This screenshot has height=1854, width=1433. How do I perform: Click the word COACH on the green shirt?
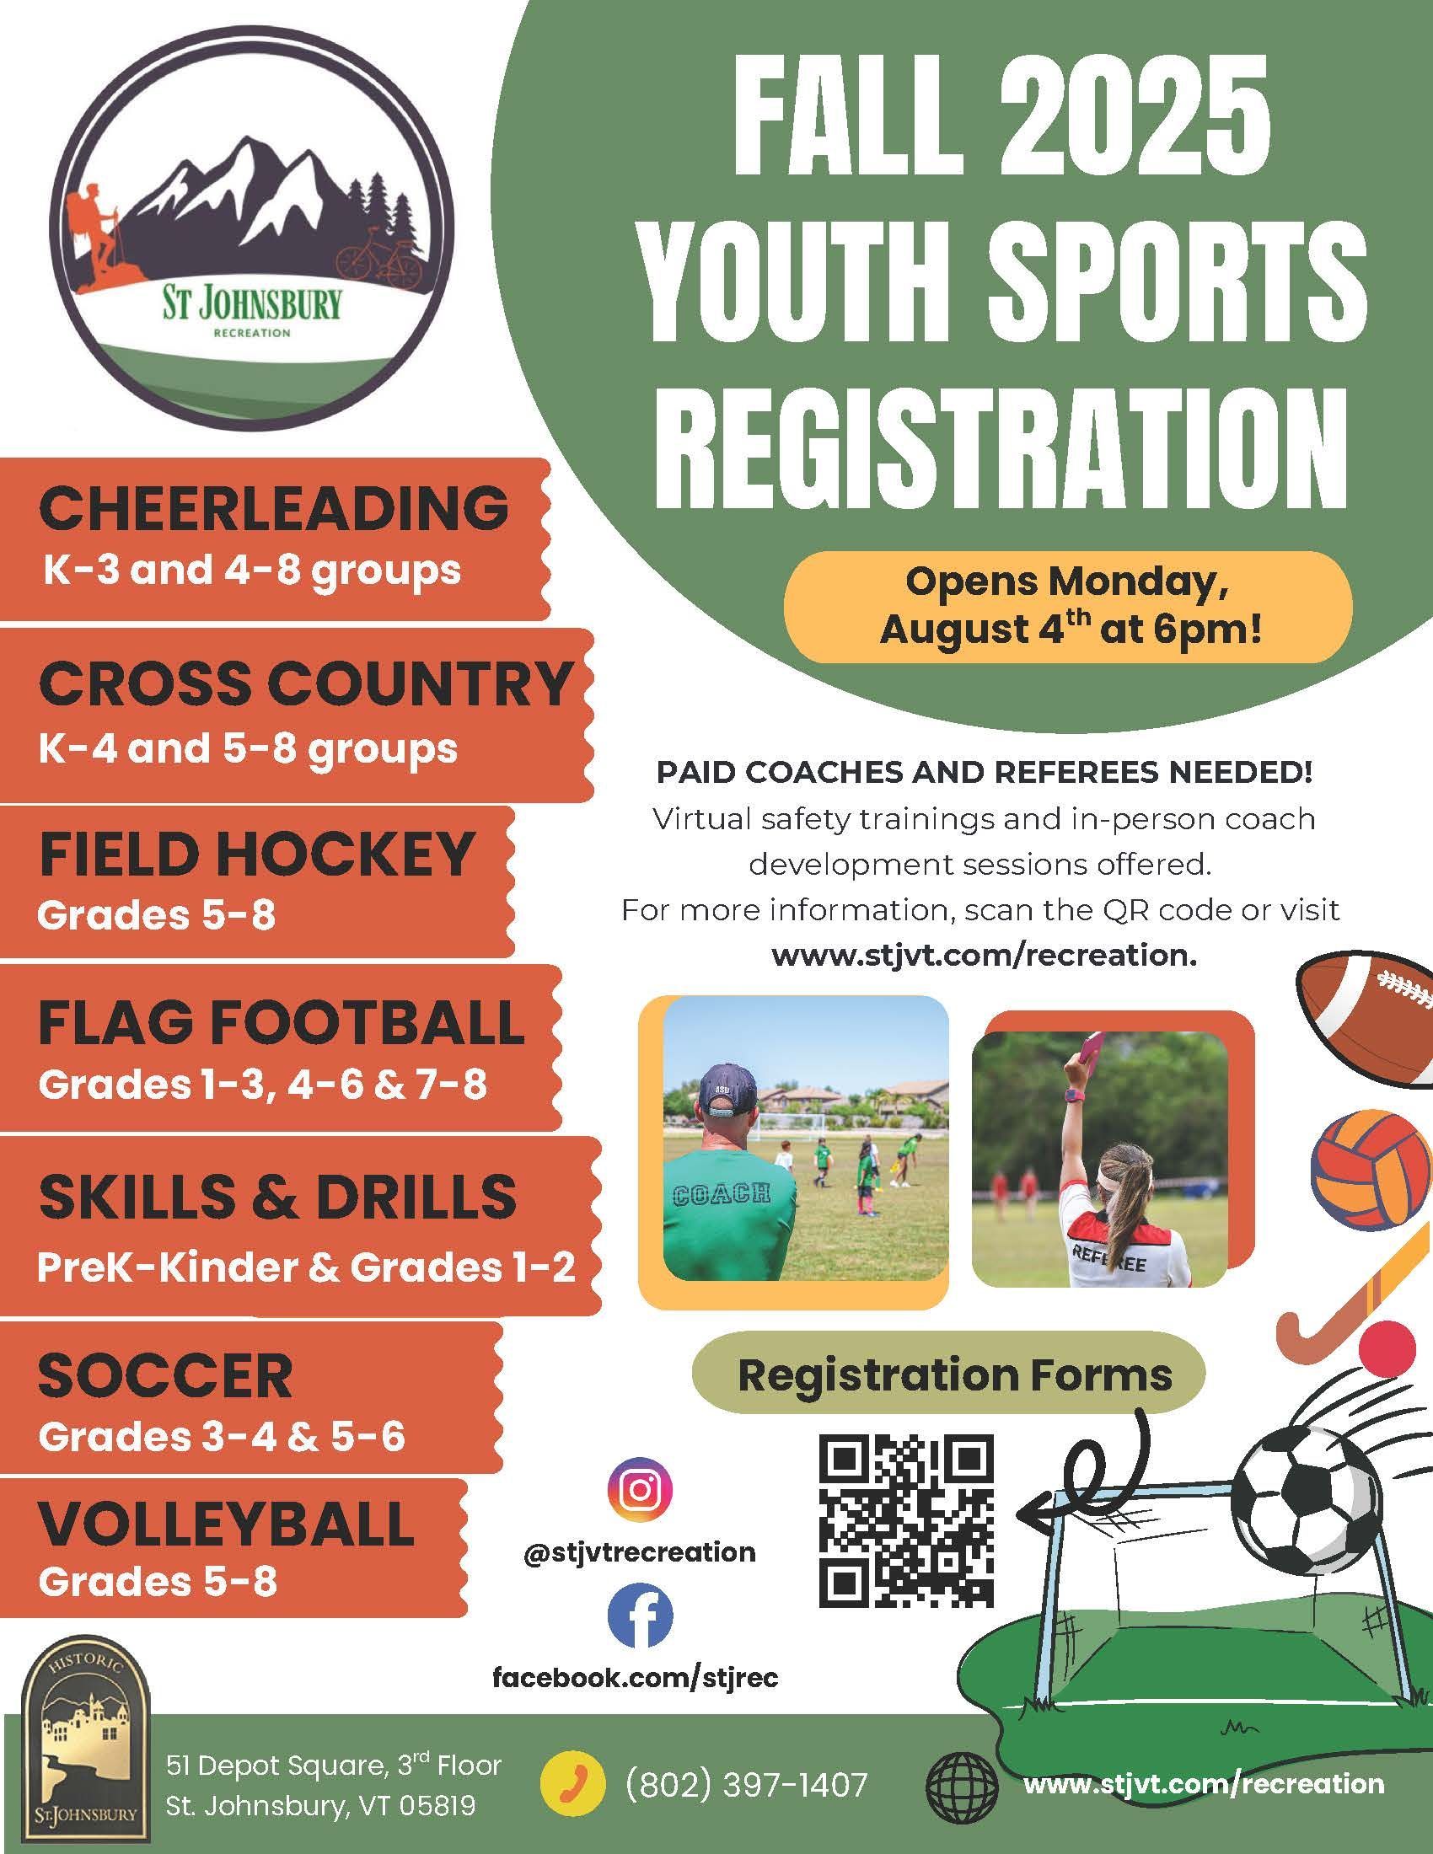click(721, 1192)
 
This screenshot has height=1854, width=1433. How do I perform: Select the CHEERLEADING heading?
click(273, 507)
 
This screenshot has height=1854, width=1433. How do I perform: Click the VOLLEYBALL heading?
click(226, 1523)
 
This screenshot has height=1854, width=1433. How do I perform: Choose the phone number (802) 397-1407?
click(746, 1778)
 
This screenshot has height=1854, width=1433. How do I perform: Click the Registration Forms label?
click(955, 1373)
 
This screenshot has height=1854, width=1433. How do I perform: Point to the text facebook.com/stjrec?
click(636, 1678)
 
